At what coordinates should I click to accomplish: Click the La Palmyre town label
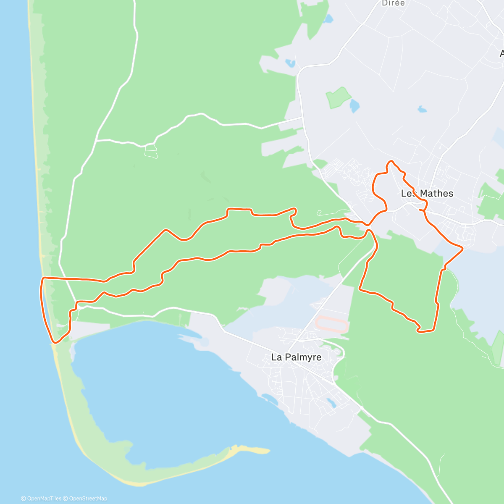tap(296, 357)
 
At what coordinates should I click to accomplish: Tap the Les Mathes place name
tap(427, 194)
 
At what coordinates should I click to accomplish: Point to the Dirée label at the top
tap(393, 3)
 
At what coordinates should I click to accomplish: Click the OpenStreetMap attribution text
tap(88, 499)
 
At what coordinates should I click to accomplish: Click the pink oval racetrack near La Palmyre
tap(331, 325)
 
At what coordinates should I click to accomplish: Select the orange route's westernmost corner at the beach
tap(42, 278)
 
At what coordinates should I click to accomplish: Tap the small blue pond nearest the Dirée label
tap(328, 19)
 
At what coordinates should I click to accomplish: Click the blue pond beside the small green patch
tap(355, 106)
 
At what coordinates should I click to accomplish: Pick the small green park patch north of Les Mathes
tap(339, 97)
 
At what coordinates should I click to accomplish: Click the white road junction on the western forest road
tap(96, 140)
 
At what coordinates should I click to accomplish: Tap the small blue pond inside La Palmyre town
tap(331, 403)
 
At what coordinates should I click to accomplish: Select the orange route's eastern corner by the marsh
tap(462, 249)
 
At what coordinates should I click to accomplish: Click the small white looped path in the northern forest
tap(151, 151)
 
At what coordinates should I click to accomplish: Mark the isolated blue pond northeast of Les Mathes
tap(422, 110)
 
